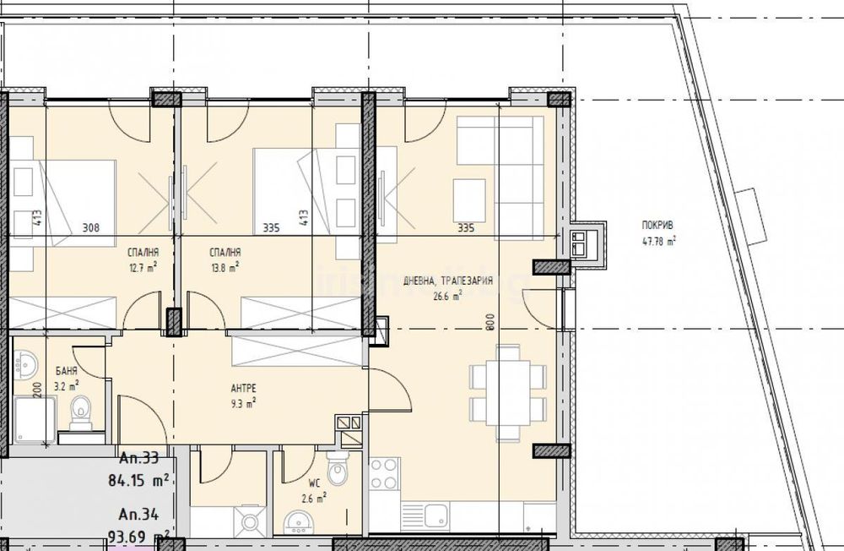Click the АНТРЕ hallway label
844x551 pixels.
pyautogui.click(x=242, y=388)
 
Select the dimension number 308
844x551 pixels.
pyautogui.click(x=91, y=227)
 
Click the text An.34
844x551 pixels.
pyautogui.click(x=139, y=515)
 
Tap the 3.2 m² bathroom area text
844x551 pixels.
pyautogui.click(x=66, y=384)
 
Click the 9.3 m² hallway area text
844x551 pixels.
pyautogui.click(x=242, y=402)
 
